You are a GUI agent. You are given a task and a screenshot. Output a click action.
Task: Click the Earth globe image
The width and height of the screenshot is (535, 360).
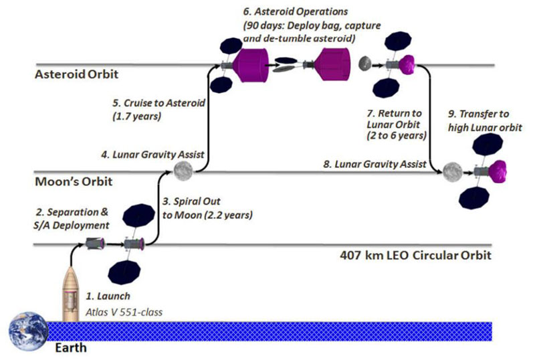[x=28, y=332]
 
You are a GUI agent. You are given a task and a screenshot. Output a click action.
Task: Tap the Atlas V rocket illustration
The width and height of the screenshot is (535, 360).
[x=71, y=294]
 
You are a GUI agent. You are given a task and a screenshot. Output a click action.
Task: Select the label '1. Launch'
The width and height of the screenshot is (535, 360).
[x=108, y=296]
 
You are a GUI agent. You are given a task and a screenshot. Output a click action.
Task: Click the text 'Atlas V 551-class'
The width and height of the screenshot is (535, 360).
[x=124, y=312]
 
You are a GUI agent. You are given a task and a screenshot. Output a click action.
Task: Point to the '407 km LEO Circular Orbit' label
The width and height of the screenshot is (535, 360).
[x=415, y=255]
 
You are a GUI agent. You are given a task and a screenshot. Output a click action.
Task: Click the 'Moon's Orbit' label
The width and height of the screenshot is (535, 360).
[x=74, y=181]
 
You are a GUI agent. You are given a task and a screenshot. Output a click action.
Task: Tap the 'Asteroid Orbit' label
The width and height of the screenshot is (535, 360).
[x=76, y=74]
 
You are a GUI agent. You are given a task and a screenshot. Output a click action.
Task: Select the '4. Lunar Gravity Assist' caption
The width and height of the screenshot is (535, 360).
[x=152, y=155]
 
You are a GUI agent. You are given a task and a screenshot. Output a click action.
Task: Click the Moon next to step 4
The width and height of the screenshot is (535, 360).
[x=183, y=171]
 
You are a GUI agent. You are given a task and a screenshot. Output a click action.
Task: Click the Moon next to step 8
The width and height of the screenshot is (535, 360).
[x=453, y=172]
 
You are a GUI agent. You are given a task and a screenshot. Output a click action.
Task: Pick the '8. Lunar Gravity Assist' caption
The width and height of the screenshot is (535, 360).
[x=374, y=165]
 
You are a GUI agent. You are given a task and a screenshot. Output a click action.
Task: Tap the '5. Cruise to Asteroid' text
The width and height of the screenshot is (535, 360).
[x=159, y=103]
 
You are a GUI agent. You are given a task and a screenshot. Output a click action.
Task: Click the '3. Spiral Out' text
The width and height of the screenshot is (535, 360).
[x=191, y=201]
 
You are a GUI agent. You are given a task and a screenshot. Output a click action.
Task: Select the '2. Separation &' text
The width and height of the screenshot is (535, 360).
[x=72, y=212]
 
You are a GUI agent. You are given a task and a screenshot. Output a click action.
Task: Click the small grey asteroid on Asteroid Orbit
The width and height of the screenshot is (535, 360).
[x=364, y=63]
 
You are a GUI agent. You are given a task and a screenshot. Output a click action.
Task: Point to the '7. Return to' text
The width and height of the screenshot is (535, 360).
[x=395, y=113]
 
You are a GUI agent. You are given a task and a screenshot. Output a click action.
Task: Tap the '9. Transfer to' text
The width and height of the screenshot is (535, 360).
[x=478, y=114]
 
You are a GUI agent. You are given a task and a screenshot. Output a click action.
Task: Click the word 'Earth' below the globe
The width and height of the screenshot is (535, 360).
[x=71, y=348]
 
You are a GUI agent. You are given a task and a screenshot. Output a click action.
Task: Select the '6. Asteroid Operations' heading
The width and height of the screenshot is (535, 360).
[x=296, y=11]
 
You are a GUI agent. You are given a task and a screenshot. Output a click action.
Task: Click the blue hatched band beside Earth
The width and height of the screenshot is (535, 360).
[x=270, y=331]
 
